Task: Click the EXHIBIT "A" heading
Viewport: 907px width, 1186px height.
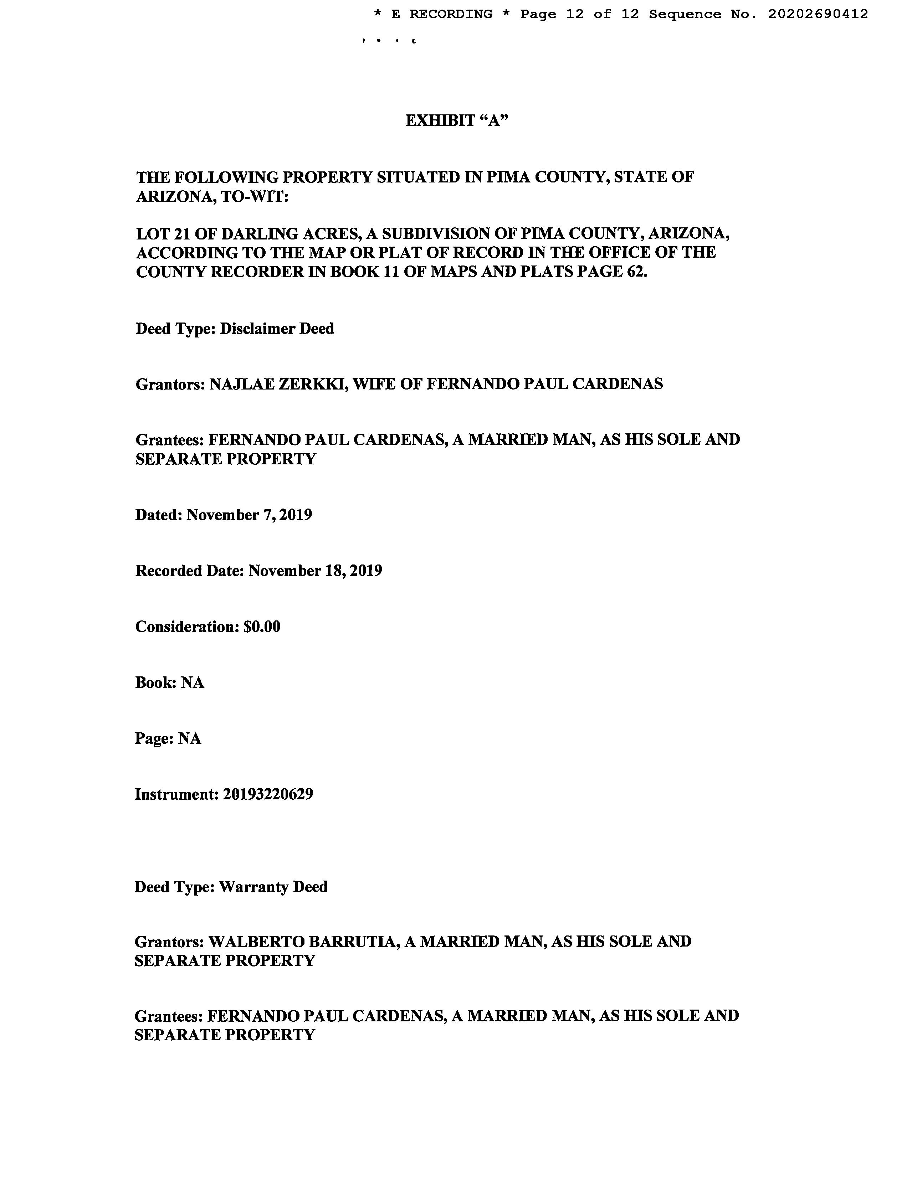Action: click(x=457, y=120)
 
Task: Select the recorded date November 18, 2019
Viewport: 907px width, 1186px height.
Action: click(x=315, y=571)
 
